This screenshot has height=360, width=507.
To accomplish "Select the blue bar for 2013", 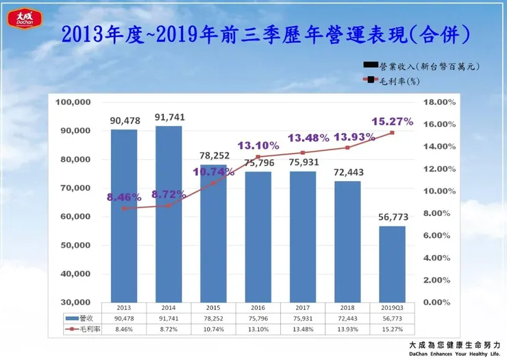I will click(123, 216).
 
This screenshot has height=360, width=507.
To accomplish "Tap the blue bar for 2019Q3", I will click(392, 264).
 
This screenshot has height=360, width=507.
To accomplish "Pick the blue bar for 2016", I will click(258, 237).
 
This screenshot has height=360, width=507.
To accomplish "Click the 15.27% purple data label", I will click(392, 121).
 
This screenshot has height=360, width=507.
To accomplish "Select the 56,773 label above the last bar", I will click(392, 217).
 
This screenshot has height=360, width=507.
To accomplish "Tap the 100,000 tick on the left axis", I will click(73, 102).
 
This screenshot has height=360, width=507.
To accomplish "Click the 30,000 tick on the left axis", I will click(75, 302).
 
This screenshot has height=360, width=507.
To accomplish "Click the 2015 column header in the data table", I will click(213, 309).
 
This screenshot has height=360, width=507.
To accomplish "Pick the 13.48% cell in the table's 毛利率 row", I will click(302, 328).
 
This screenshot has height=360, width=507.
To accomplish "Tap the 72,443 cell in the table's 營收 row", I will click(347, 318).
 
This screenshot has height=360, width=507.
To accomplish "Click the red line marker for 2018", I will click(347, 147).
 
